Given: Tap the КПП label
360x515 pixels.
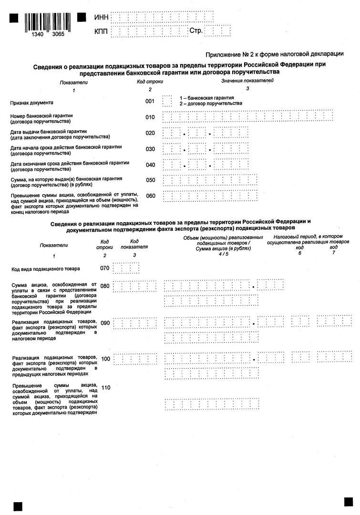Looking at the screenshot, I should pos(102,31).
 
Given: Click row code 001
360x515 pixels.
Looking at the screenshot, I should pos(150,102).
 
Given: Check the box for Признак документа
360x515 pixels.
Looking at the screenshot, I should pos(167,102).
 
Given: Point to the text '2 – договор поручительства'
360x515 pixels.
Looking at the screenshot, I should pos(210,103).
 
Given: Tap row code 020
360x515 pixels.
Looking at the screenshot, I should pos(150,133).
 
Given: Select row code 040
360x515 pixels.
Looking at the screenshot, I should pos(150,165).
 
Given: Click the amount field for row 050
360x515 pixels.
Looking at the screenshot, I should pos(210,180).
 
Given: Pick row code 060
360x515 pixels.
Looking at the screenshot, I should pos(150,196).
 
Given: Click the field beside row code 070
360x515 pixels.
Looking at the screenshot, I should pos(126,268).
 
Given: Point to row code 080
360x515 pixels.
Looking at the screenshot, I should pos(105,286).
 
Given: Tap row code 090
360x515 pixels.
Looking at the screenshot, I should pos(105,323).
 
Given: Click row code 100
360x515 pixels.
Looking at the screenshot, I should pos(105,359).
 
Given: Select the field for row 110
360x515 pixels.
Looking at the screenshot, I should pos(212,403).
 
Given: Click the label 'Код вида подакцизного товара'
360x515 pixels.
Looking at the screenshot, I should pos(46,269).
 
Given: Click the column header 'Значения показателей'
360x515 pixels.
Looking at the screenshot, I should pos(247,81).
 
